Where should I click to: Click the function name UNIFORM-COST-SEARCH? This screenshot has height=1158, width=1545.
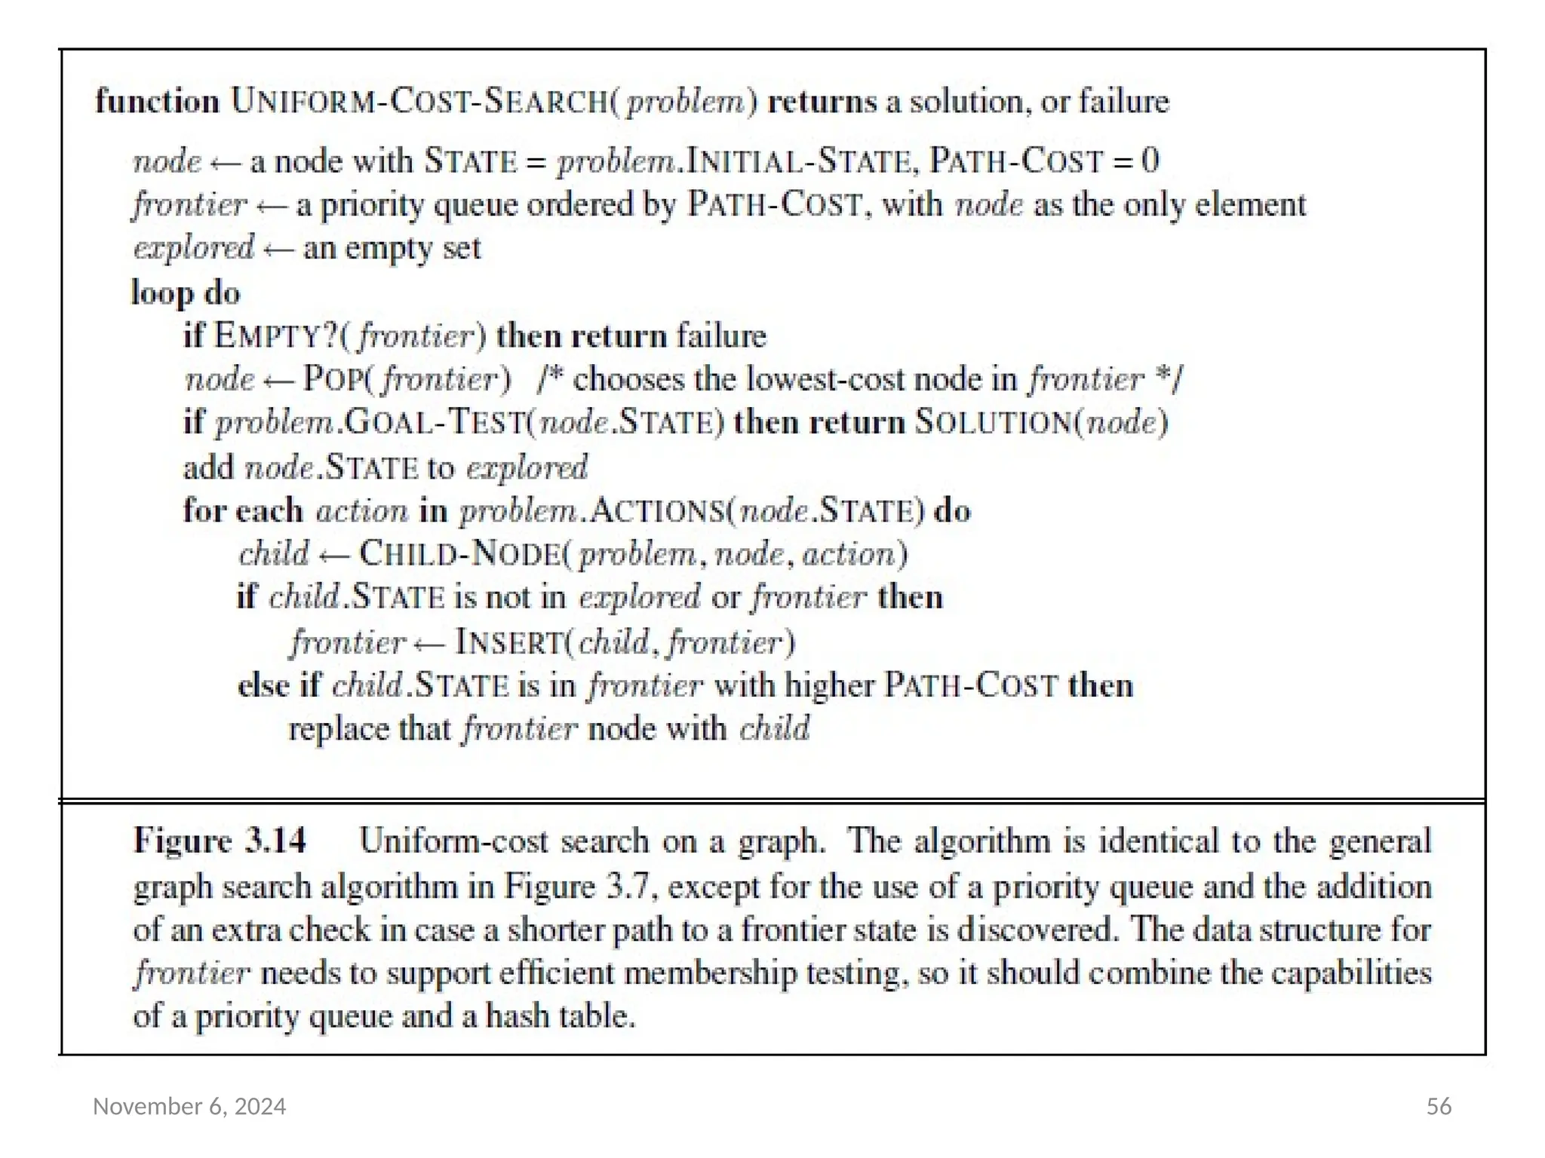tap(419, 102)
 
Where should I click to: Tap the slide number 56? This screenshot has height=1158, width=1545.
tap(1439, 1106)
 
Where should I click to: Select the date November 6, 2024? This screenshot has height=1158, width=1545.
tap(189, 1106)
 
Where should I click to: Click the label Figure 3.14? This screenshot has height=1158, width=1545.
tap(220, 841)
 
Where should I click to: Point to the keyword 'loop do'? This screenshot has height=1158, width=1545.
tap(186, 293)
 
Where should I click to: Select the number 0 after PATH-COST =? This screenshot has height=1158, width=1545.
tap(1150, 161)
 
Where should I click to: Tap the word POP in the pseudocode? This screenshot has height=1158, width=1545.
tap(333, 379)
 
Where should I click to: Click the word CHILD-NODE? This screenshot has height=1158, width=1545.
tap(460, 554)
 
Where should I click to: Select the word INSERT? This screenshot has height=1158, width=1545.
tap(509, 642)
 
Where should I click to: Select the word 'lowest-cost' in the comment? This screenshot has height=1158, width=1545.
tap(825, 379)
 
